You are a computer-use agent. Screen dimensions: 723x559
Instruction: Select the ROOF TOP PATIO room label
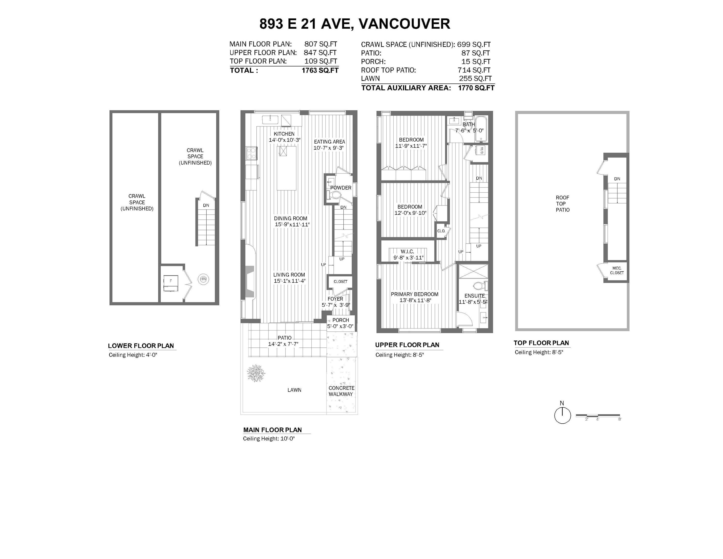[x=562, y=204]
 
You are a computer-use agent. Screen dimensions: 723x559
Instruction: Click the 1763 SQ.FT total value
[x=320, y=70]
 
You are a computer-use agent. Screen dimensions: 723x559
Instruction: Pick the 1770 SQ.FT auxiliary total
[x=476, y=88]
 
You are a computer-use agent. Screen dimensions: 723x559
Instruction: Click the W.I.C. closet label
[x=407, y=252]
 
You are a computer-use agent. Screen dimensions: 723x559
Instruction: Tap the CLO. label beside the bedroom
[x=441, y=231]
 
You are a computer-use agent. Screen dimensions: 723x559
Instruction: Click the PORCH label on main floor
[x=341, y=320]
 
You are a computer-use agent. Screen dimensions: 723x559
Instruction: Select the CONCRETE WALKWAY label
[x=341, y=391]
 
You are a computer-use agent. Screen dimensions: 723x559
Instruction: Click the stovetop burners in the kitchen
[x=251, y=154]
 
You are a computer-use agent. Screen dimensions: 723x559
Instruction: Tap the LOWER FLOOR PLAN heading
[x=141, y=346]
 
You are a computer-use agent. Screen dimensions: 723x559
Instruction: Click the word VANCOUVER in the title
[x=404, y=24]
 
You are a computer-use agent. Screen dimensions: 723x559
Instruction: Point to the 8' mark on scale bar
[x=619, y=419]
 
